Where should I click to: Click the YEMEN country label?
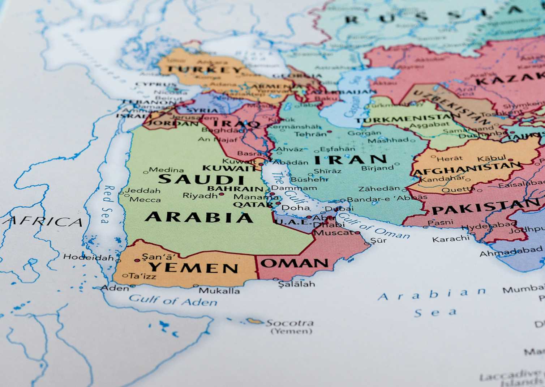click(x=193, y=268)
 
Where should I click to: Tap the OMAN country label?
click(x=294, y=263)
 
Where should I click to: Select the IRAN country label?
click(x=350, y=160)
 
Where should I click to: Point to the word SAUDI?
click(x=202, y=179)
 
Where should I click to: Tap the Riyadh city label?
click(x=200, y=196)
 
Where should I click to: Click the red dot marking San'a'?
click(x=137, y=260)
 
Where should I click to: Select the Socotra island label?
click(x=290, y=323)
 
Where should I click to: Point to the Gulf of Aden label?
click(x=173, y=301)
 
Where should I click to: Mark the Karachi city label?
click(x=451, y=239)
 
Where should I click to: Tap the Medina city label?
click(x=166, y=170)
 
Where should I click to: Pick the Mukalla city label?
click(x=219, y=290)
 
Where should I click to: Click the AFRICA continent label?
click(x=43, y=221)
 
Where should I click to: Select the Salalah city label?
click(x=296, y=284)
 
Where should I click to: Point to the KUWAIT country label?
click(x=229, y=168)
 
